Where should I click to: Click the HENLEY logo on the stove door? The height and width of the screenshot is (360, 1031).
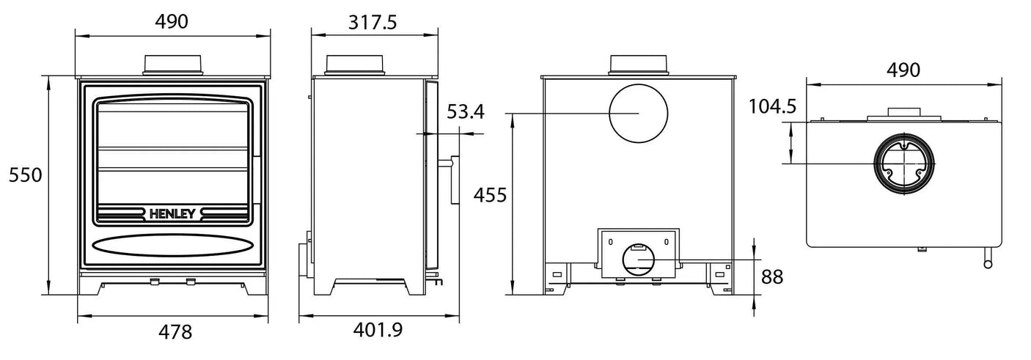point(173,214)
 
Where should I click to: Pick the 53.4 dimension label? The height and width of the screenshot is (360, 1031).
point(466,112)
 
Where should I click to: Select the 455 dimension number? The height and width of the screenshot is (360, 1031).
point(490,196)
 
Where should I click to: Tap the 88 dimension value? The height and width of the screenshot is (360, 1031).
point(772,277)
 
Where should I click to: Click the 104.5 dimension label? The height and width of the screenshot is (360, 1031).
point(772,107)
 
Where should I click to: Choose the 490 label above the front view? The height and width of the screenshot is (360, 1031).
point(172,22)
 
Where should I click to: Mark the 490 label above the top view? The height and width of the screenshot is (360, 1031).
point(903,70)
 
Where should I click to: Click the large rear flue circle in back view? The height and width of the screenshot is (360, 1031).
point(638,113)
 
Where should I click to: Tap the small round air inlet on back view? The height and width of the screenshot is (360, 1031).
point(636,260)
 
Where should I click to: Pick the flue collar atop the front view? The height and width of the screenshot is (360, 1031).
point(173,65)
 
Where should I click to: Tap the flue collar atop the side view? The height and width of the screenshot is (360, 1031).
point(354,65)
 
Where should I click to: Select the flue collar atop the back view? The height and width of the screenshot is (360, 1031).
point(638,65)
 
